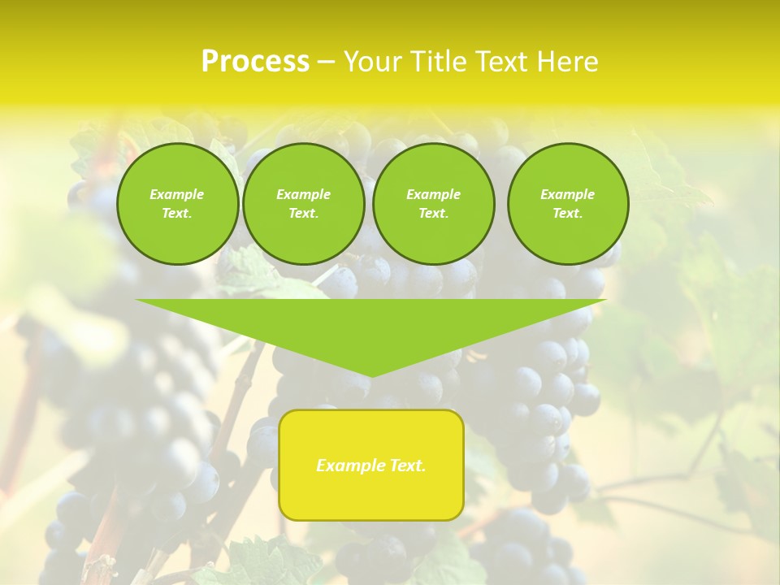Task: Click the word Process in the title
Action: click(x=255, y=62)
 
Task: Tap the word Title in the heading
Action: click(x=435, y=62)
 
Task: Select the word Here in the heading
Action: click(x=567, y=62)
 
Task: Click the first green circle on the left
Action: click(x=178, y=204)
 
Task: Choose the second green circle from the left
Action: click(x=304, y=204)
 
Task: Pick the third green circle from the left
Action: click(x=434, y=204)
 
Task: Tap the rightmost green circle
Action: click(x=568, y=204)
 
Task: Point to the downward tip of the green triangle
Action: click(x=371, y=375)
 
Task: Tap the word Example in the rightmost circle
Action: click(x=568, y=194)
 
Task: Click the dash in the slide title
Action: click(x=326, y=62)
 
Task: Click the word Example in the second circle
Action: click(x=304, y=194)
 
